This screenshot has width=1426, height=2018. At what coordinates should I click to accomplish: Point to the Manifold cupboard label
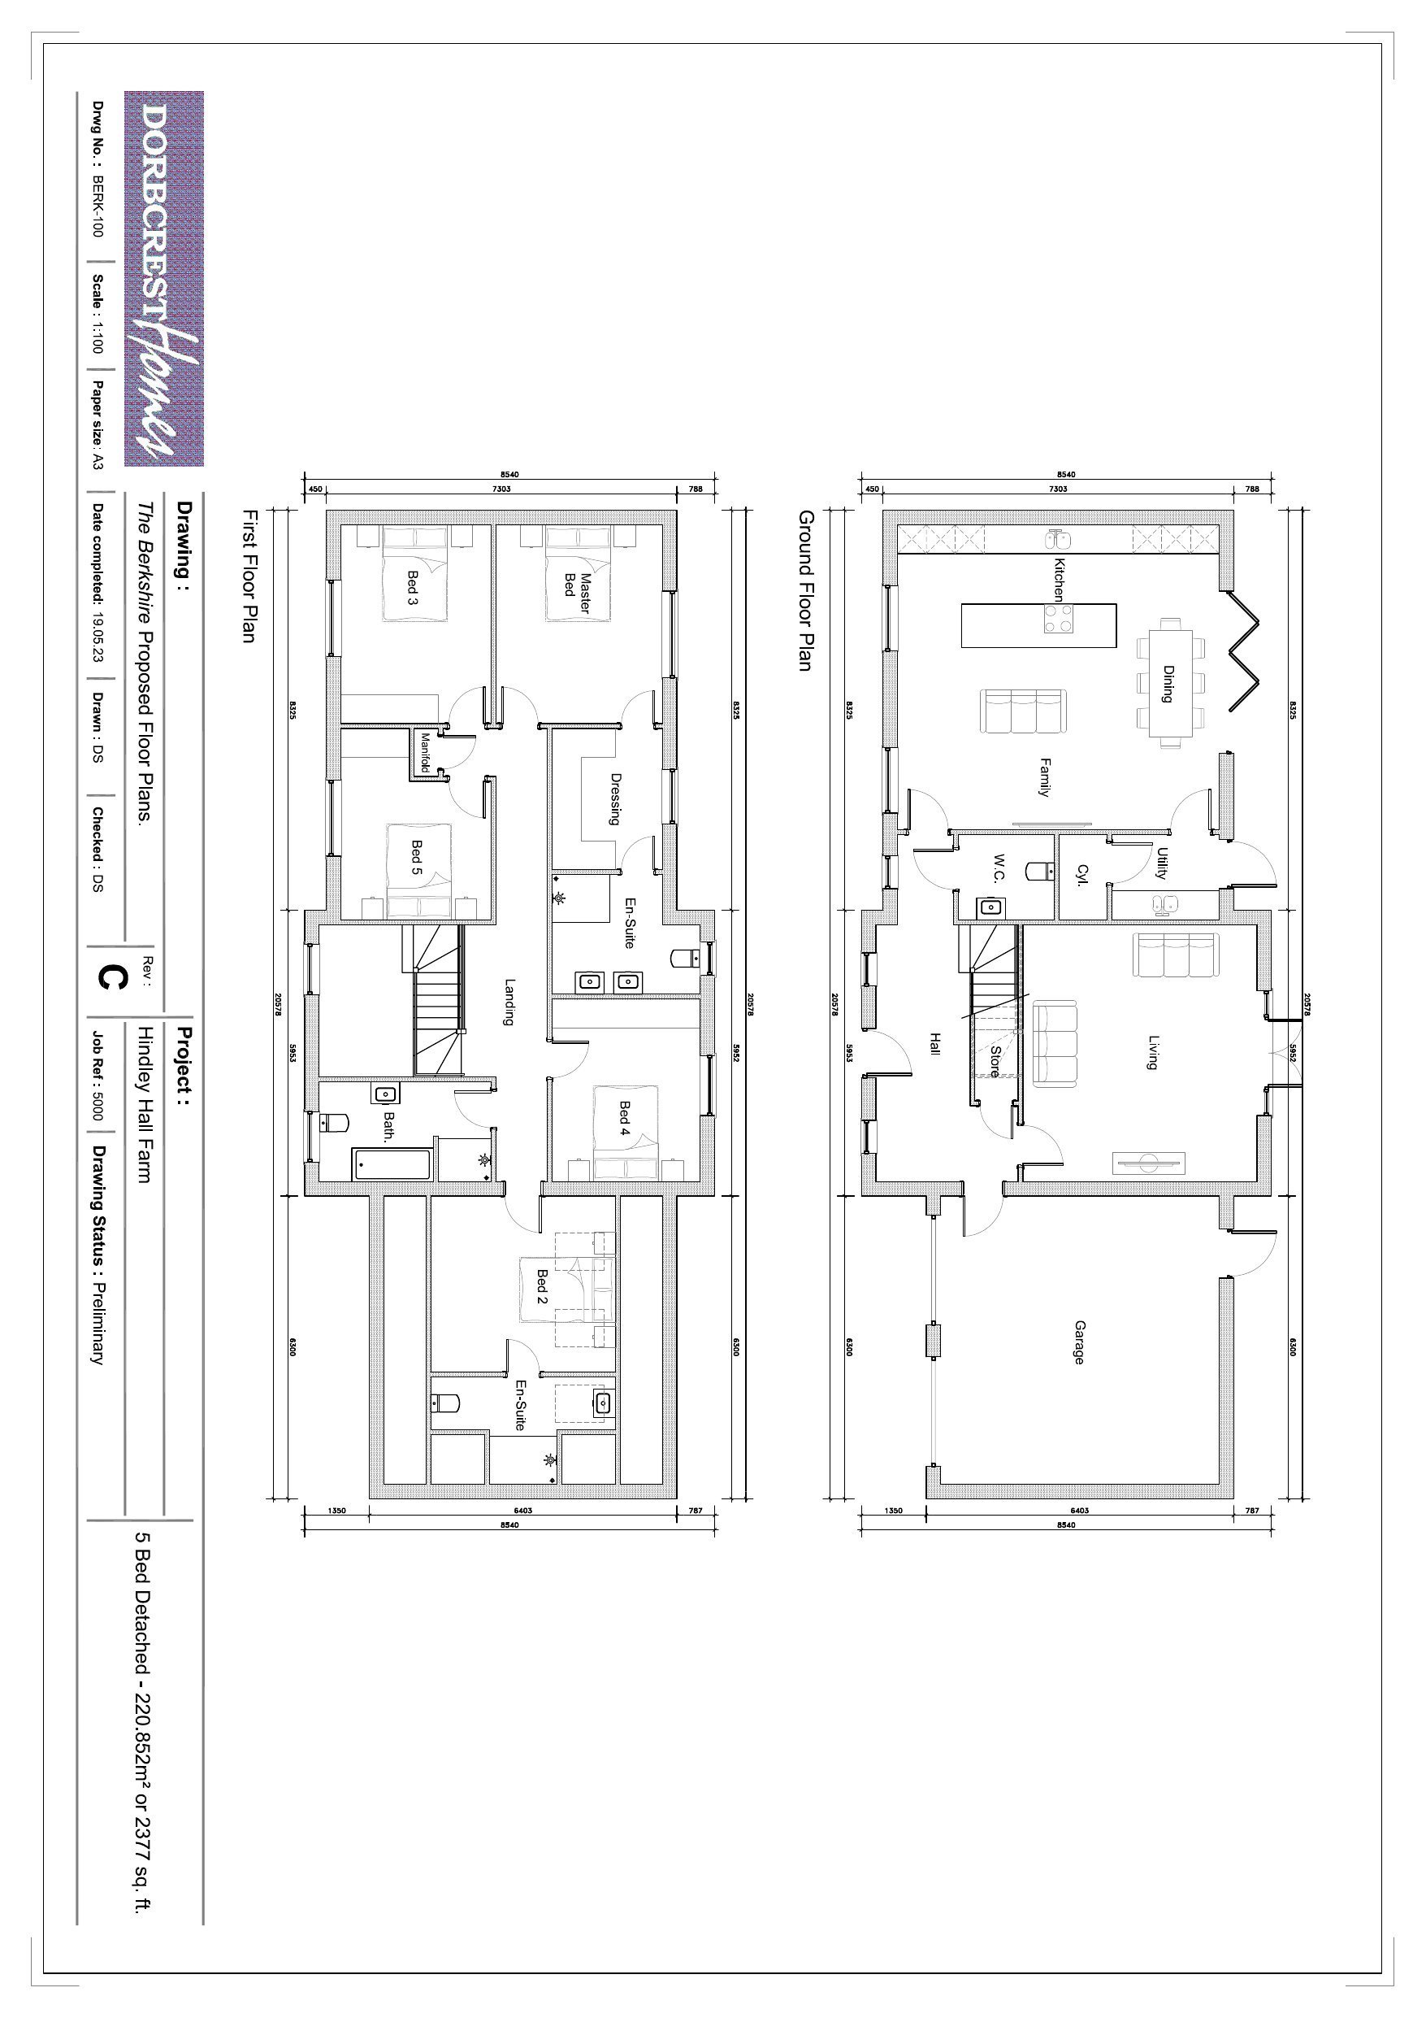425,753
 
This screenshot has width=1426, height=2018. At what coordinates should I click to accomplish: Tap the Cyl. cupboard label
1082,875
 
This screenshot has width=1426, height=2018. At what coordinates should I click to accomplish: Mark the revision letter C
110,977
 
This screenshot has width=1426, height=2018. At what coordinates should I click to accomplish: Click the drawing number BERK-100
98,206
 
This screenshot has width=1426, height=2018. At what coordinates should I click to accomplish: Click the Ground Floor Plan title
804,590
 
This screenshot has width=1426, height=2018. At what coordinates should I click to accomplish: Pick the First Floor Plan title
249,576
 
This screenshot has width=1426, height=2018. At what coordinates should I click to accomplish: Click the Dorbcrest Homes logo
164,279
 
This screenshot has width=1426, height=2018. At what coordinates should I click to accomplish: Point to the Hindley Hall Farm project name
146,1106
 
